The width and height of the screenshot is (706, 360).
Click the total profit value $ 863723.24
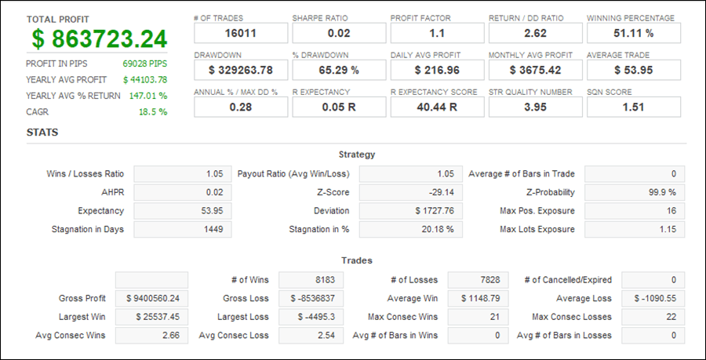pos(100,39)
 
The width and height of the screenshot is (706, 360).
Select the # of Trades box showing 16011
pos(241,33)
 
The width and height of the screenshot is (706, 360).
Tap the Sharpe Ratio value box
pos(339,33)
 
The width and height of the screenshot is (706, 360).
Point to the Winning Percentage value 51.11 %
pos(634,33)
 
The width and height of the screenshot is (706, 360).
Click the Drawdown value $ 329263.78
pos(241,71)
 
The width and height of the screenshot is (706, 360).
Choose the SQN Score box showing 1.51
pos(634,107)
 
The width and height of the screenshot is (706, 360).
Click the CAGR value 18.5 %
pos(153,112)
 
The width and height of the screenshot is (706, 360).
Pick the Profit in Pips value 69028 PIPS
pos(144,64)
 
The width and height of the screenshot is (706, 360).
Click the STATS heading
pos(42,133)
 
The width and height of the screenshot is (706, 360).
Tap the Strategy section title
pos(357,155)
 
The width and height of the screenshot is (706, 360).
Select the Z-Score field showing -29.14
pos(410,193)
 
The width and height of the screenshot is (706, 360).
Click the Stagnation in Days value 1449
pos(213,230)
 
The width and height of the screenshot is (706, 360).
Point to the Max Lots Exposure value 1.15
pos(668,230)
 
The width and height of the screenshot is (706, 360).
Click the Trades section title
pos(357,260)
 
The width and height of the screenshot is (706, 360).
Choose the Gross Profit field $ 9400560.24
pos(151,298)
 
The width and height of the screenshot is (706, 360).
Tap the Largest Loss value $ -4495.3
pos(316,317)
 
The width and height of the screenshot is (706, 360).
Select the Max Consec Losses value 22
pos(671,317)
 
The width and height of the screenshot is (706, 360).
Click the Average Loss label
pos(584,298)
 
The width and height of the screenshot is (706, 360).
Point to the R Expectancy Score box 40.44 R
pos(437,107)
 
